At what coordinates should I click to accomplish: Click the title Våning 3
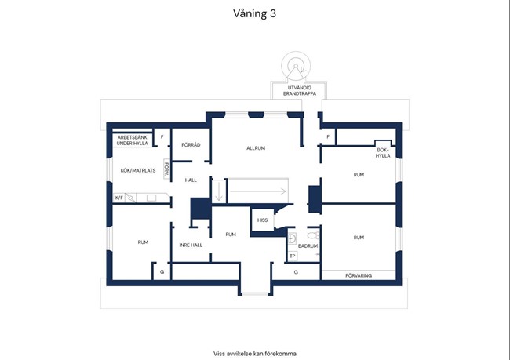(x=254, y=13)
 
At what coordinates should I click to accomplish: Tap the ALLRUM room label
(x=256, y=148)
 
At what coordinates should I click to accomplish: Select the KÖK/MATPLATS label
(x=138, y=170)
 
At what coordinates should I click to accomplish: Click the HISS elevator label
(x=262, y=220)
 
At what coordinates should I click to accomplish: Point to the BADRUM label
(x=308, y=246)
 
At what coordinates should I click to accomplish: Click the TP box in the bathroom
(x=293, y=256)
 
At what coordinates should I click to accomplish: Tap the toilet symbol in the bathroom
(x=314, y=236)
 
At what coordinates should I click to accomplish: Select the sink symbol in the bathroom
(x=292, y=238)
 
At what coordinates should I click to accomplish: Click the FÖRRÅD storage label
(x=191, y=145)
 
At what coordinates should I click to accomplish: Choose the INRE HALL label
(x=191, y=245)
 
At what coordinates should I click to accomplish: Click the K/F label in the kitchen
(x=119, y=198)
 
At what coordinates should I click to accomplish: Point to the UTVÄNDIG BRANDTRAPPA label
(x=299, y=91)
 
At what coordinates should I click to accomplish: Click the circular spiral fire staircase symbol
(x=296, y=65)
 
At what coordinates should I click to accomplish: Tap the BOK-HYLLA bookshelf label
(x=383, y=153)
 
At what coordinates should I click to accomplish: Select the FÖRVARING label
(x=359, y=276)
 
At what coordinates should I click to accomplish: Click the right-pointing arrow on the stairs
(x=258, y=191)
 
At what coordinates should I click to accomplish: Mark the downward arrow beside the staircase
(x=219, y=191)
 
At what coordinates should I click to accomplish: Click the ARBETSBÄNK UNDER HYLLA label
(x=132, y=140)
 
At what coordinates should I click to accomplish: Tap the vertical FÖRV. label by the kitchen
(x=167, y=169)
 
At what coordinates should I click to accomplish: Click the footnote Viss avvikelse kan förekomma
(x=255, y=354)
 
